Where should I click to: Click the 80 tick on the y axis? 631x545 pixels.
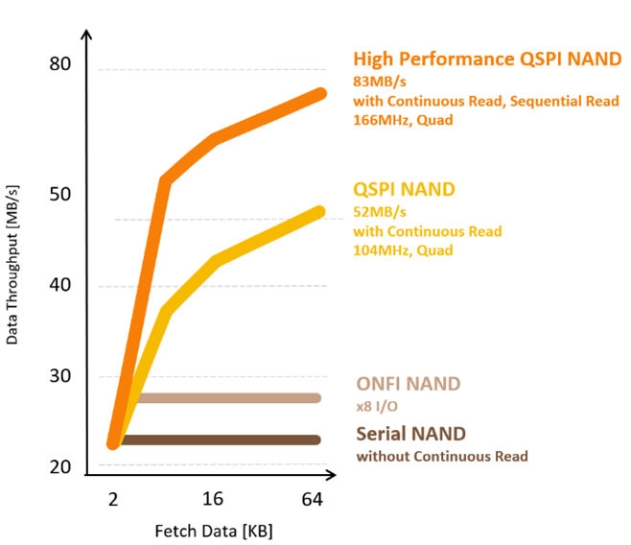pyautogui.click(x=60, y=64)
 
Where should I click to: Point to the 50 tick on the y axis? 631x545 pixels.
pyautogui.click(x=60, y=195)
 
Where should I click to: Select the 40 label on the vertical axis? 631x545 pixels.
pyautogui.click(x=60, y=285)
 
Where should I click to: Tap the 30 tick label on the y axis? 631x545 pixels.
pyautogui.click(x=60, y=376)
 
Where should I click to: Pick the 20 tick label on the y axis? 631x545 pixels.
pyautogui.click(x=60, y=467)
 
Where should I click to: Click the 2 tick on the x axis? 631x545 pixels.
pyautogui.click(x=113, y=499)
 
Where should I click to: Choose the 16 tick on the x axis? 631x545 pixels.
pyautogui.click(x=214, y=499)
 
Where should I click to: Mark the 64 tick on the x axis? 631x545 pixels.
pyautogui.click(x=313, y=499)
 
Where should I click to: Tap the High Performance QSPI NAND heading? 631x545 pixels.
pyautogui.click(x=487, y=59)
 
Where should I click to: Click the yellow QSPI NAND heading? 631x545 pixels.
pyautogui.click(x=404, y=189)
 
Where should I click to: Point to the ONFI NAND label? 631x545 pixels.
pyautogui.click(x=408, y=384)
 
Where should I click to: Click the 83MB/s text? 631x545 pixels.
pyautogui.click(x=380, y=82)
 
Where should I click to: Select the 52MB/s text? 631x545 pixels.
pyautogui.click(x=380, y=212)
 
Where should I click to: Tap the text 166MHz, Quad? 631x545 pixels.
pyautogui.click(x=403, y=120)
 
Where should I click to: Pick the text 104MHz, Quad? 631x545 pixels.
pyautogui.click(x=403, y=250)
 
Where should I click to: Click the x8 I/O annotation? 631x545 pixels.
pyautogui.click(x=377, y=406)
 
